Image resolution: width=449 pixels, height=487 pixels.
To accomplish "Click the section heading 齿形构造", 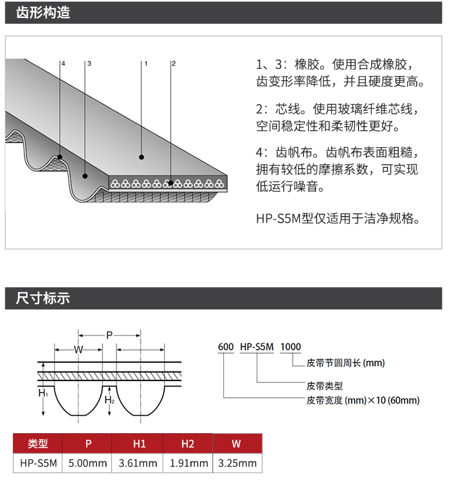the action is [x=43, y=13].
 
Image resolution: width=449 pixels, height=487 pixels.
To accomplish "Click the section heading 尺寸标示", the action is [x=43, y=298].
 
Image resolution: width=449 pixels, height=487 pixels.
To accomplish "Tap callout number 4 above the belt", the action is [x=63, y=63].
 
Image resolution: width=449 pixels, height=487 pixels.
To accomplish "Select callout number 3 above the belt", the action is [x=89, y=63].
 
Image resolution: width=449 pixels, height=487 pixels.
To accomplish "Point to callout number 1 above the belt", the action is [x=145, y=63].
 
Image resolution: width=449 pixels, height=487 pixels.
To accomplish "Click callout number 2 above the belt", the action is [x=174, y=63].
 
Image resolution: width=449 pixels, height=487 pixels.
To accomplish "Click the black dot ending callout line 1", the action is [x=141, y=157].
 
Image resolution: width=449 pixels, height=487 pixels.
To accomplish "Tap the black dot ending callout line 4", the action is [x=60, y=157].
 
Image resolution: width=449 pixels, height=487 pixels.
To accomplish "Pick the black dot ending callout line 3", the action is [x=85, y=176].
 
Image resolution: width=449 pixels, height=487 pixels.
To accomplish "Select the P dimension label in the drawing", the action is [x=109, y=336].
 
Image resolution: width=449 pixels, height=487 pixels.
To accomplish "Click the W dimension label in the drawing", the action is [x=78, y=350].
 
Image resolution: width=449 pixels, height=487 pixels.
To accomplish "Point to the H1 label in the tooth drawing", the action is [x=43, y=393].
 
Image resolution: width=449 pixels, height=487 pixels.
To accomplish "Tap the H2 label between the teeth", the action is [x=110, y=400].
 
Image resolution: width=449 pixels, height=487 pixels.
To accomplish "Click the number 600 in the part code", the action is [x=226, y=347].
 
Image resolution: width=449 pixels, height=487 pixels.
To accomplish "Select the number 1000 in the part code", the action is [x=290, y=347].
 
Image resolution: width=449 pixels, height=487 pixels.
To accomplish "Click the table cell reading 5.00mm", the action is [x=87, y=464].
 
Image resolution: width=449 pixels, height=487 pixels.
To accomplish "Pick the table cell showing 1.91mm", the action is [x=189, y=464].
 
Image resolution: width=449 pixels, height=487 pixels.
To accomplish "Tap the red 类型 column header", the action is [x=38, y=443].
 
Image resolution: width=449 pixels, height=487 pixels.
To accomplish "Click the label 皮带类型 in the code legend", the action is [x=324, y=386].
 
